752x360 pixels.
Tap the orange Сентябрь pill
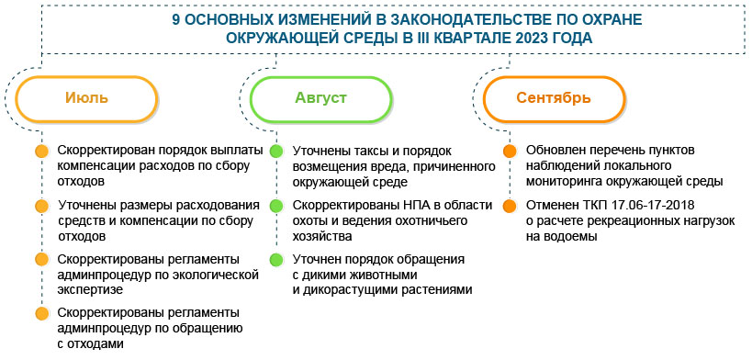coord(553,98)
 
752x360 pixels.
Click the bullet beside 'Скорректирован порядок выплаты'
coord(40,152)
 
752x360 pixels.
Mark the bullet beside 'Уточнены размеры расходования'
coord(40,205)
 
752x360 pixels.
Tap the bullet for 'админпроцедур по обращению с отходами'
coord(40,313)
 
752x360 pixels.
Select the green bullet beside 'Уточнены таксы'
coord(275,152)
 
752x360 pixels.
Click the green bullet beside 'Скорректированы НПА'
coord(275,205)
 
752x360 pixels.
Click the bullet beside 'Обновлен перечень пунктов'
coord(509,152)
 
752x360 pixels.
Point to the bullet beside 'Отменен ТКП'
coord(509,205)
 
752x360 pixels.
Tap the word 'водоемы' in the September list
coord(572,235)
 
